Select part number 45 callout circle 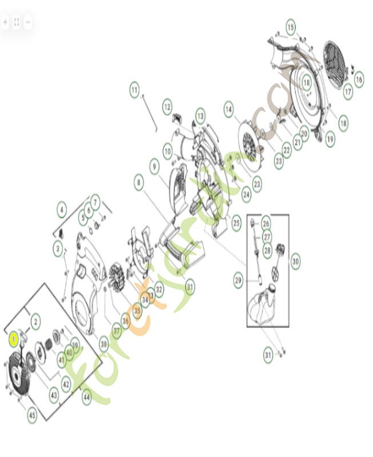pyautogui.click(x=32, y=415)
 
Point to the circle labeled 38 pyautogui.click(x=104, y=344)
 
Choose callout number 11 pyautogui.click(x=134, y=90)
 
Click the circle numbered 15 pyautogui.click(x=291, y=27)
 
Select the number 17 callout pyautogui.click(x=348, y=90)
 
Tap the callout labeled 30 pyautogui.click(x=295, y=261)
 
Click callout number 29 pyautogui.click(x=239, y=280)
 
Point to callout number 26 pyautogui.click(x=266, y=223)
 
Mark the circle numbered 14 pyautogui.click(x=229, y=109)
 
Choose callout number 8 pyautogui.click(x=139, y=184)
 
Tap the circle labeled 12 pyautogui.click(x=167, y=106)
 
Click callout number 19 pyautogui.click(x=331, y=139)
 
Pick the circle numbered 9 pyautogui.click(x=154, y=166)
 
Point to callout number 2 pyautogui.click(x=35, y=322)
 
